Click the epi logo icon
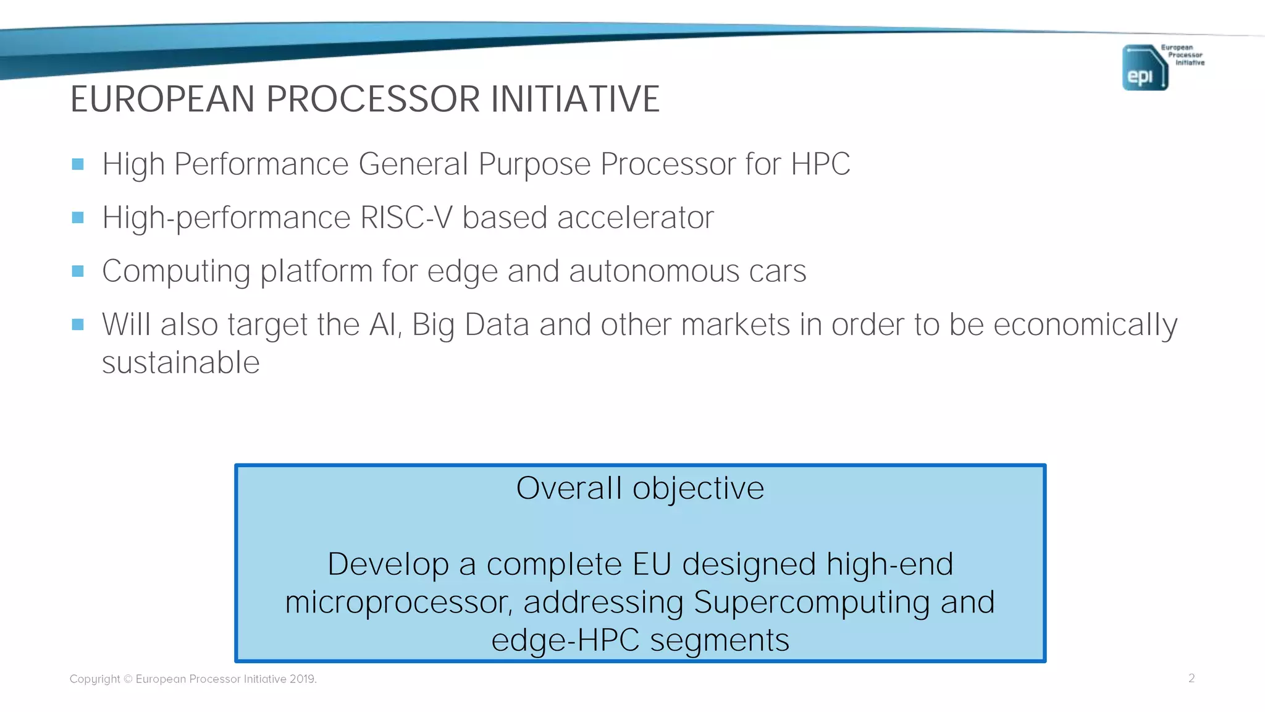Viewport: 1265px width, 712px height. click(x=1145, y=68)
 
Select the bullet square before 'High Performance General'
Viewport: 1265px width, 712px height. click(x=78, y=164)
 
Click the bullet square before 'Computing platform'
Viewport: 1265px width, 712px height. click(x=78, y=271)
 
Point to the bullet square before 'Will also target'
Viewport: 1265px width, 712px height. click(x=78, y=324)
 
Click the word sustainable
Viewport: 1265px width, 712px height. click(x=180, y=363)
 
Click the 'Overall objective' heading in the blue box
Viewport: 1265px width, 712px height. click(x=640, y=488)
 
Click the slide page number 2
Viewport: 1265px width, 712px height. click(x=1191, y=678)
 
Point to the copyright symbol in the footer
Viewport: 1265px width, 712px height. click(x=128, y=679)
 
